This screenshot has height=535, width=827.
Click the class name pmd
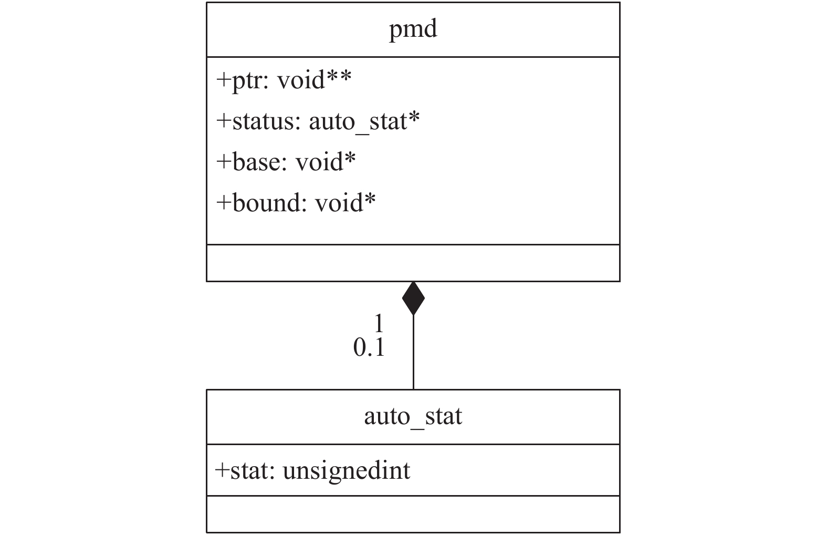[x=413, y=29]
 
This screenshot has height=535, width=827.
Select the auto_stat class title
[x=413, y=416]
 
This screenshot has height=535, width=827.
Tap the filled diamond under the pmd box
[x=413, y=299]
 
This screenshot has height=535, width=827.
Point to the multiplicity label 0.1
[x=369, y=347]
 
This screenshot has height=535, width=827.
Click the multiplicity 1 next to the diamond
[x=379, y=323]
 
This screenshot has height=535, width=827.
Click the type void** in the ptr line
[x=314, y=79]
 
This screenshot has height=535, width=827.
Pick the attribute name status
[x=264, y=121]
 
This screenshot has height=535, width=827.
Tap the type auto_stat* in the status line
[x=364, y=122]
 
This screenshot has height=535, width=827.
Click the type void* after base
[x=326, y=161]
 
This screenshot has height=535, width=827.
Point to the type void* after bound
[x=345, y=202]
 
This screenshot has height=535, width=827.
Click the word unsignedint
[x=347, y=471]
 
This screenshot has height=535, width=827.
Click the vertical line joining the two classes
[x=413, y=352]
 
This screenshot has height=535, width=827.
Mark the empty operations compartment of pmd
[x=413, y=263]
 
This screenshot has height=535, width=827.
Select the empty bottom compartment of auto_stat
[x=413, y=514]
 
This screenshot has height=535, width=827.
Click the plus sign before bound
[x=224, y=202]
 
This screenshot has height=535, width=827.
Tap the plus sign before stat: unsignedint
[x=222, y=471]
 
